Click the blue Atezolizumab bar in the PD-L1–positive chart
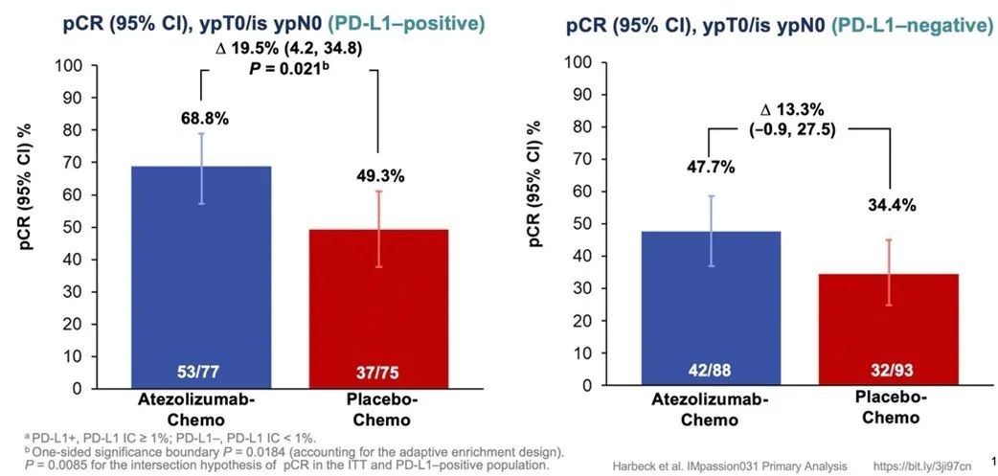click(199, 278)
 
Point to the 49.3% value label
click(379, 175)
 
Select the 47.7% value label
click(710, 168)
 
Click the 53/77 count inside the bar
click(199, 372)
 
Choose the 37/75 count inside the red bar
click(378, 372)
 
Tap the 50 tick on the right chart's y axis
click(575, 224)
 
